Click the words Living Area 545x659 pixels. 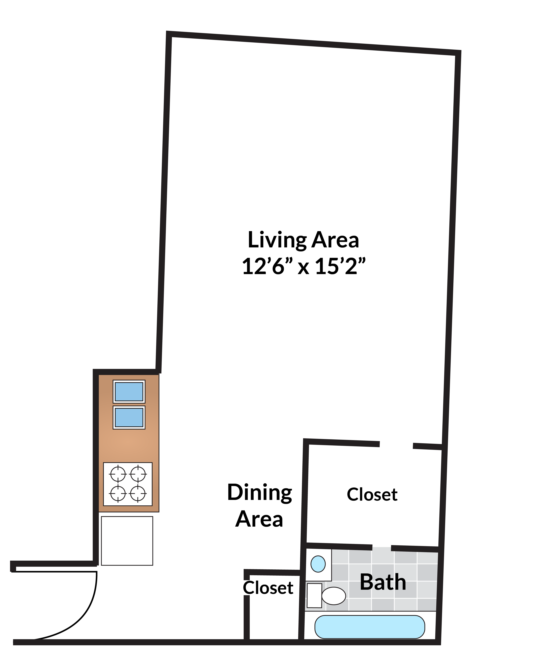tap(303, 240)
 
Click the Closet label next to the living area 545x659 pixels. tap(372, 495)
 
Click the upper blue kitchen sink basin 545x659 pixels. tap(129, 392)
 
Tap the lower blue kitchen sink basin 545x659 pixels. tap(129, 418)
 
